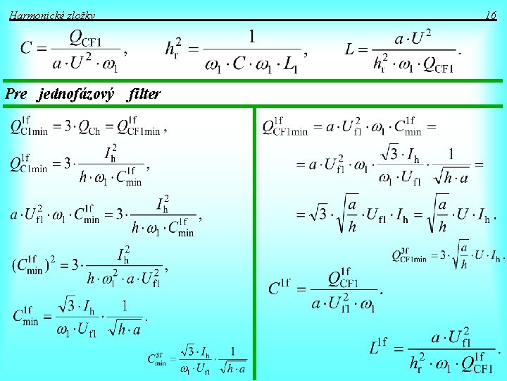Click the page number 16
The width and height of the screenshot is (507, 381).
coord(491,15)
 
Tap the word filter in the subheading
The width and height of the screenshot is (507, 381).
coord(145,93)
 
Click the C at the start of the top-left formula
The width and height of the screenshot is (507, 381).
coord(26,49)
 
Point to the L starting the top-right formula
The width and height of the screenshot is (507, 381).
coord(350,49)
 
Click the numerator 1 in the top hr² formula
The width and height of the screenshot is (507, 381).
coord(251,35)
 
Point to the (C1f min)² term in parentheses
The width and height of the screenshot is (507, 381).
coord(31,266)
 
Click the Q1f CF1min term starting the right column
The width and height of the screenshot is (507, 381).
coord(285,128)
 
